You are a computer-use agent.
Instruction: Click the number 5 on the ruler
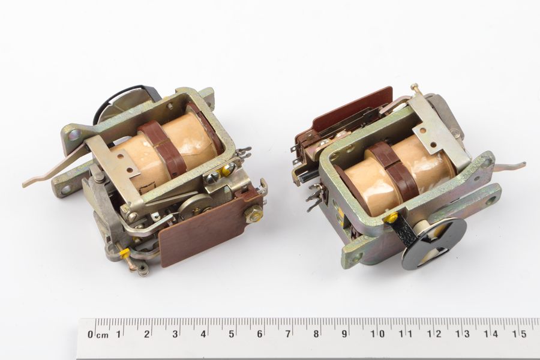point(232,334)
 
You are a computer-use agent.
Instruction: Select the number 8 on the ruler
point(316,334)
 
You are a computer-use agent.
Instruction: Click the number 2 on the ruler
point(147,334)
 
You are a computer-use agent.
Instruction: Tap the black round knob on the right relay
point(434,243)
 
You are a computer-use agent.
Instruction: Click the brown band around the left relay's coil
point(162,148)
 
